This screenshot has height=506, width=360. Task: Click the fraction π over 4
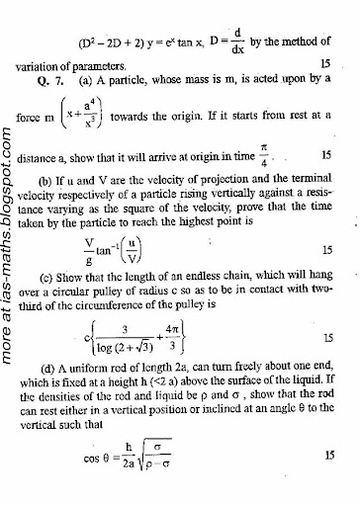264,156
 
